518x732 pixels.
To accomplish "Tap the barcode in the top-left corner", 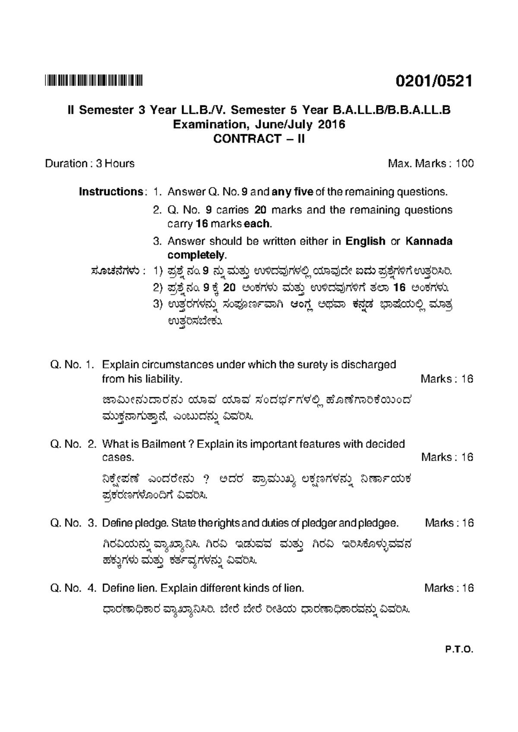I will tap(94, 80).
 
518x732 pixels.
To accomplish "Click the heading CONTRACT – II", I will tap(259, 139).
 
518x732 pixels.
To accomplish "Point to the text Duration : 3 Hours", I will tap(90, 164).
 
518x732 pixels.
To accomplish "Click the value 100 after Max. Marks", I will tap(464, 164).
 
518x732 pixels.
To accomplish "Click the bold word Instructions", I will tap(111, 192).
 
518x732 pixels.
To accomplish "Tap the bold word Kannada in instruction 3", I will tap(429, 241).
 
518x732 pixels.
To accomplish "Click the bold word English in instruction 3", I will tap(365, 241).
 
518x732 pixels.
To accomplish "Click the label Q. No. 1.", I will tap(72, 365).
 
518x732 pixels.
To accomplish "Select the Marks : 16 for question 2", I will tap(447, 457).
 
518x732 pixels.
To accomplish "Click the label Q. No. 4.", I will tap(73, 588).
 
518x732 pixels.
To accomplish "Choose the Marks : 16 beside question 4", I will tap(449, 588).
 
